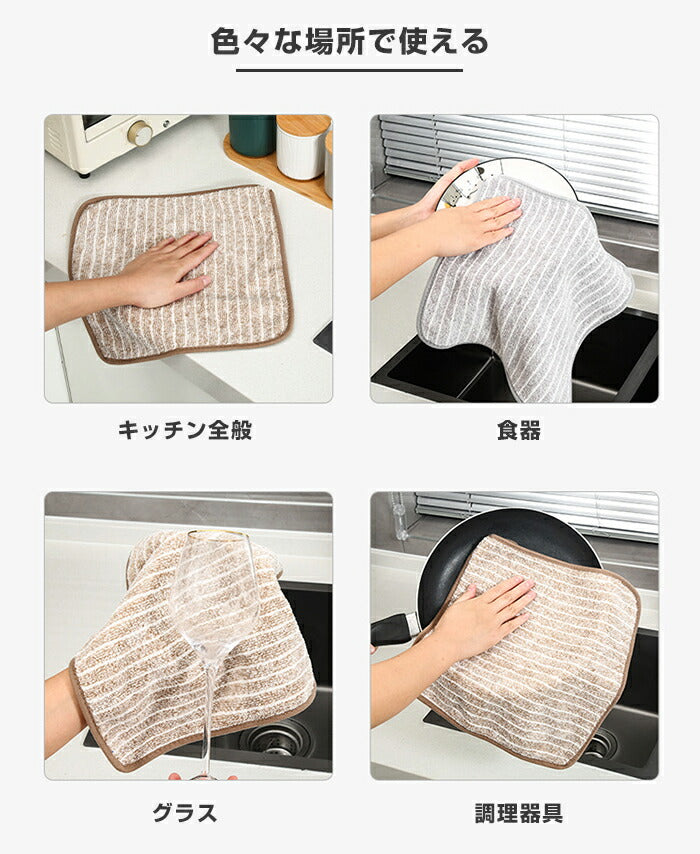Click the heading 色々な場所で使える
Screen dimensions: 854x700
349,42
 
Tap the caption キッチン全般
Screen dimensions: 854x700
185,431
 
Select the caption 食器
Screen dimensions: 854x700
518,431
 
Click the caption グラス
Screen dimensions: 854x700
185,812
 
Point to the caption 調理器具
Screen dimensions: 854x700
518,812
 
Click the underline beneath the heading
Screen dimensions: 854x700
349,70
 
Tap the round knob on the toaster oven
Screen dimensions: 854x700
140,133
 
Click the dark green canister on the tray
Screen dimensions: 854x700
251,135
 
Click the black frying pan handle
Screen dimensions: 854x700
395,629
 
